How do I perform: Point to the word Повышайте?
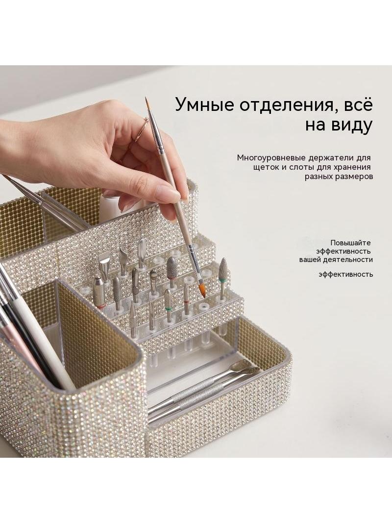tap(350, 243)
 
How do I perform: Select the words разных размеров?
tap(339, 177)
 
